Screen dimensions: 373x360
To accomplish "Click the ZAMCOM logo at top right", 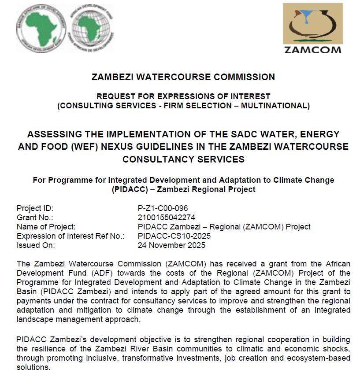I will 312,29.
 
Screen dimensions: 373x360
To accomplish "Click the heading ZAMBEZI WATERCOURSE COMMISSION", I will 183,77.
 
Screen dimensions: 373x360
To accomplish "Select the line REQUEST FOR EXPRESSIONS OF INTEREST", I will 183,96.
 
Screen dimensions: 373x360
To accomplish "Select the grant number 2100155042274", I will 166,218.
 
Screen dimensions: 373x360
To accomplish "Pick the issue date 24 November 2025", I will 171,245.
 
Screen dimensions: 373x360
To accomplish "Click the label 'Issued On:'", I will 35,245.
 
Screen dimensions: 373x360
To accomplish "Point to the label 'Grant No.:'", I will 35,218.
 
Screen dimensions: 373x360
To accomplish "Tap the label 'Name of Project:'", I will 46,227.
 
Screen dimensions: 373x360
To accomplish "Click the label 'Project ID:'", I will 35,208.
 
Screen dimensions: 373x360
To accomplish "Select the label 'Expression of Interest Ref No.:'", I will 71,236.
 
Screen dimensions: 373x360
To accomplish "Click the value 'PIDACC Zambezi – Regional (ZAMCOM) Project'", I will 224,227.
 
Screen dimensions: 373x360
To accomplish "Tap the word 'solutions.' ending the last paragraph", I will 33,366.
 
